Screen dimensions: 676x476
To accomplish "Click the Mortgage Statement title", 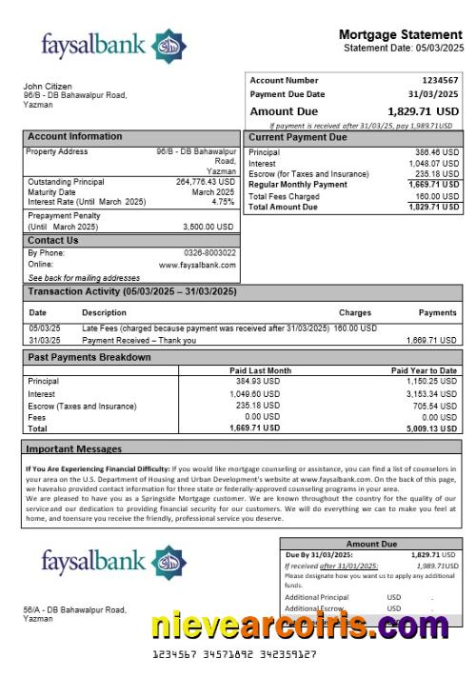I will [401, 34].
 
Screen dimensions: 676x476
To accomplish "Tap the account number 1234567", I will [440, 81].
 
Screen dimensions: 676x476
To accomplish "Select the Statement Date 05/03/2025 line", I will [404, 48].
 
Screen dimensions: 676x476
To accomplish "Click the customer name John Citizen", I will [48, 87].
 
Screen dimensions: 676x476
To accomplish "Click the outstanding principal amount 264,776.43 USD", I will [205, 181].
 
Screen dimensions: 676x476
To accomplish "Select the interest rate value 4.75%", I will [223, 202].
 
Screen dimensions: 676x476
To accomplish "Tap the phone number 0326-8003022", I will [210, 253].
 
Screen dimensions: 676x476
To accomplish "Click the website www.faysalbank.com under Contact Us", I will [197, 265].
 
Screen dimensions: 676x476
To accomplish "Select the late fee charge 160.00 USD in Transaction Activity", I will [358, 328].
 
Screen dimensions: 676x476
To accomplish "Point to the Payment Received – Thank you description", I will [139, 340].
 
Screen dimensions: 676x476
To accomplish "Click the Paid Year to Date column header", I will [424, 370].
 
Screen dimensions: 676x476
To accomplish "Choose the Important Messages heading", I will [73, 448].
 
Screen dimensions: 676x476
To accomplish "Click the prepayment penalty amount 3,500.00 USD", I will [208, 227].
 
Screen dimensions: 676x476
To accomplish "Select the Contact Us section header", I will [53, 241].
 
